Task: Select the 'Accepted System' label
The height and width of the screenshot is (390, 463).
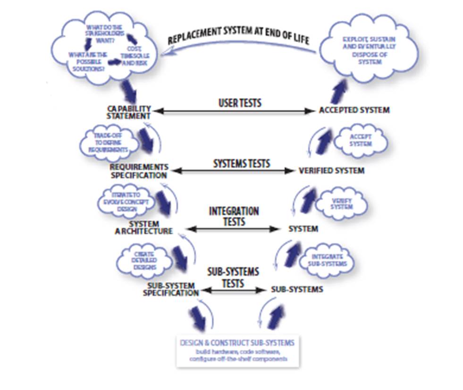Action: click(x=354, y=110)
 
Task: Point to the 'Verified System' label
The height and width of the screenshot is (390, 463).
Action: click(x=331, y=170)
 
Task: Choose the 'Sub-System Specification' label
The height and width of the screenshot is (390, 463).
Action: click(x=170, y=289)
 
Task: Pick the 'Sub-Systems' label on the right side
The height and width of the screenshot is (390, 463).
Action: click(x=297, y=289)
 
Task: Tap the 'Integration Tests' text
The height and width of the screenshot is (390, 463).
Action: click(x=234, y=216)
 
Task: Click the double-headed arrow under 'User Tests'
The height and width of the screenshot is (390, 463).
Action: click(x=235, y=111)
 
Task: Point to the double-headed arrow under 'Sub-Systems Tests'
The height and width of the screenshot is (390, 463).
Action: click(x=232, y=290)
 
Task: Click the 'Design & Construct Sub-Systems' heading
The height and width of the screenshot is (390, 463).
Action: click(x=238, y=342)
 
